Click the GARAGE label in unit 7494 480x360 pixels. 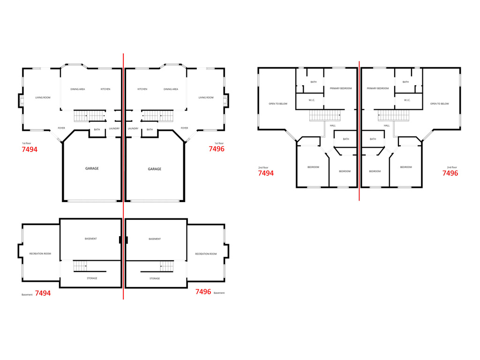(x=92, y=169)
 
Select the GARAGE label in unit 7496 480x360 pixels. (x=155, y=169)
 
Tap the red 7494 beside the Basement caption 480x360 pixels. (x=43, y=293)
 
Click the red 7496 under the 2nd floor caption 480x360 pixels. (x=450, y=173)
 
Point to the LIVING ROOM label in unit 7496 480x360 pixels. (x=206, y=97)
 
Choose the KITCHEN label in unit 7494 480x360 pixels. (x=105, y=89)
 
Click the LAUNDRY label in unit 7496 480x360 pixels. (x=133, y=128)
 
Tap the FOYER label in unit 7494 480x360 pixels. (x=61, y=128)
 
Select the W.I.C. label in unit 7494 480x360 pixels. (x=312, y=100)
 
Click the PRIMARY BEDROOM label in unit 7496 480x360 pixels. (x=378, y=88)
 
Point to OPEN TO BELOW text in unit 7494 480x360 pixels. (x=278, y=104)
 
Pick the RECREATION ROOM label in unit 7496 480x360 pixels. (x=206, y=254)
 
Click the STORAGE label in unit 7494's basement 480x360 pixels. (x=92, y=278)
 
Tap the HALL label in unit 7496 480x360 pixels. (x=387, y=125)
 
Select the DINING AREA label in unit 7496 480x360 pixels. (x=171, y=89)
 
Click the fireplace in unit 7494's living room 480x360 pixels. (x=21, y=100)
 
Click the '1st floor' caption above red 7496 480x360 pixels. (x=219, y=143)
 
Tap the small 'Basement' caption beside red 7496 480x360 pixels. (x=219, y=293)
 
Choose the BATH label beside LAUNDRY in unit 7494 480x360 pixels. (x=97, y=129)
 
